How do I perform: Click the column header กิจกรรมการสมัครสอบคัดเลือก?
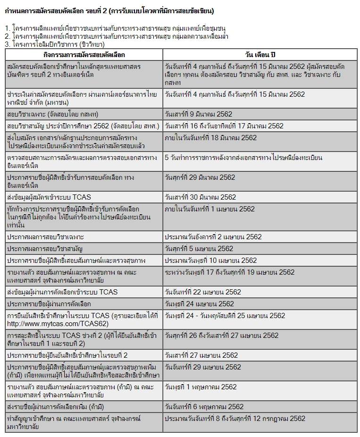point(83,55)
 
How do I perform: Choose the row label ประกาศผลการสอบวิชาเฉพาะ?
point(46,236)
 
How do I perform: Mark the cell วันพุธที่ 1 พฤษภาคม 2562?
point(201,387)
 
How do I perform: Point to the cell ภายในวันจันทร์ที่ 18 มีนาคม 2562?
point(210,138)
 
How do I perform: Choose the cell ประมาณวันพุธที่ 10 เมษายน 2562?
point(210,261)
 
